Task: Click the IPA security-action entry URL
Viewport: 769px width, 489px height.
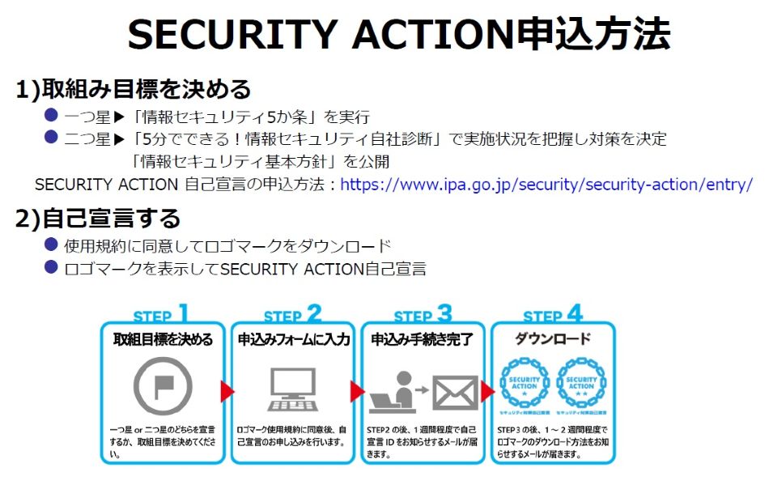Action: coord(546,185)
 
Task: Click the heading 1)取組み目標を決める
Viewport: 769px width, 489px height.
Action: coord(134,90)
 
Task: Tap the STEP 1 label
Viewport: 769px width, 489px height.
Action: coord(161,314)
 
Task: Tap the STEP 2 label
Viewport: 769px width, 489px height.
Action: coord(292,314)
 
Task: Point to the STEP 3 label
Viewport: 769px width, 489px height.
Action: coord(423,314)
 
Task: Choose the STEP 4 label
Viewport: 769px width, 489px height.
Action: coord(553,314)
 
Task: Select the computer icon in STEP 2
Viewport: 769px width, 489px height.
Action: coord(292,389)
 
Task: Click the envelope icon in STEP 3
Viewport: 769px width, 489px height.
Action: coord(455,392)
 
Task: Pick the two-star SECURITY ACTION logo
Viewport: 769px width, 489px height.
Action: coord(581,381)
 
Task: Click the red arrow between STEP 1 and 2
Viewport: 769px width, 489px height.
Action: coord(227,392)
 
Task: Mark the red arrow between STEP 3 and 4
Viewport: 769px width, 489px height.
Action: coord(488,392)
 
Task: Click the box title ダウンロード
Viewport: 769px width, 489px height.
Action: coord(553,339)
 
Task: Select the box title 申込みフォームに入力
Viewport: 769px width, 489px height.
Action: coord(293,339)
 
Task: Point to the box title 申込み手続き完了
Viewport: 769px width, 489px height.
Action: coord(423,339)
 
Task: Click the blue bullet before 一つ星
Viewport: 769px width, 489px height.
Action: coord(51,115)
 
